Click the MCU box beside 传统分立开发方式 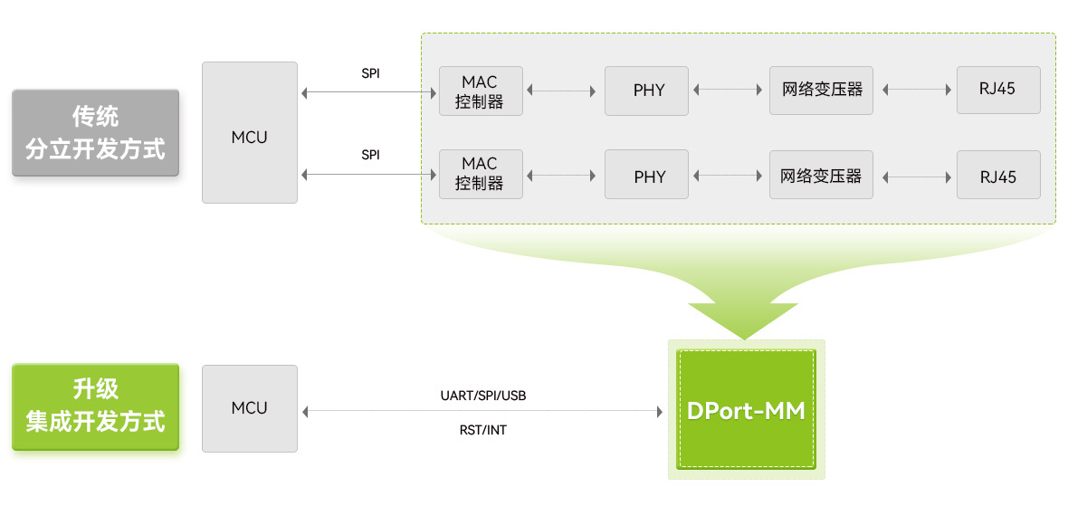(249, 132)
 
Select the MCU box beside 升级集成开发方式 (249, 408)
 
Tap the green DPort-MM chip (746, 410)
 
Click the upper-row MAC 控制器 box (480, 91)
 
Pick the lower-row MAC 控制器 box (480, 174)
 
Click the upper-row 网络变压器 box (821, 91)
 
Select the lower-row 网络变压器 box (821, 175)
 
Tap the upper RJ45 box (997, 91)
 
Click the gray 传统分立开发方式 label (95, 132)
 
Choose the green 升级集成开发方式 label (95, 407)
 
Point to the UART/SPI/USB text (482, 396)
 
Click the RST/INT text (482, 430)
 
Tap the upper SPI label (370, 73)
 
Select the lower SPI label (370, 155)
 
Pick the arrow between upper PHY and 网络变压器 (728, 91)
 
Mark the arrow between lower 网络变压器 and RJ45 (914, 175)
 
